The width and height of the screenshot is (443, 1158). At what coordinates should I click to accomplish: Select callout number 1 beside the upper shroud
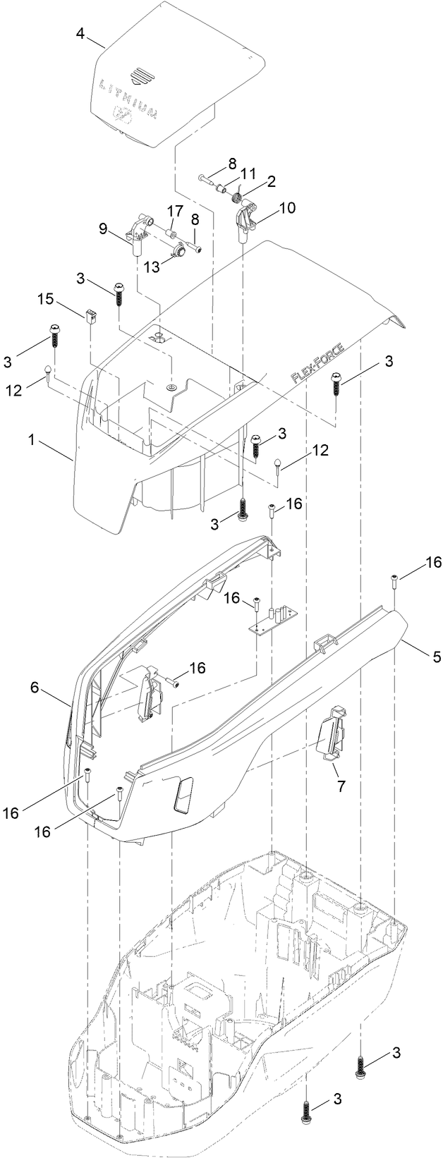click(31, 439)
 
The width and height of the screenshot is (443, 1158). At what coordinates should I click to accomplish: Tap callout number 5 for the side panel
click(437, 657)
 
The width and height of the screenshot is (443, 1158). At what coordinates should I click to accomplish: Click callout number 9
click(103, 228)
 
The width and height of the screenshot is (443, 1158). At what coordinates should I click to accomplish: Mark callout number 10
click(287, 208)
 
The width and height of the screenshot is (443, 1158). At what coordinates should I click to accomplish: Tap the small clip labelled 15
click(90, 317)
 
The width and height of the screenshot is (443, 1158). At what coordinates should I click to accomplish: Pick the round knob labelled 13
click(179, 249)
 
